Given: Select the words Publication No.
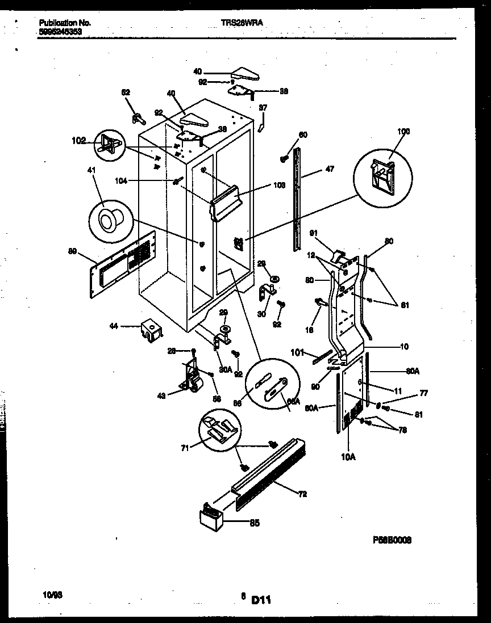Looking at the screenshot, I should (x=65, y=23).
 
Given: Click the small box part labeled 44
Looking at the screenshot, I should (x=151, y=331).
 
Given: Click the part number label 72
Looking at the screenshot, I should (x=302, y=494).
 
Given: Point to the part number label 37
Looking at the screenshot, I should (x=263, y=107).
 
